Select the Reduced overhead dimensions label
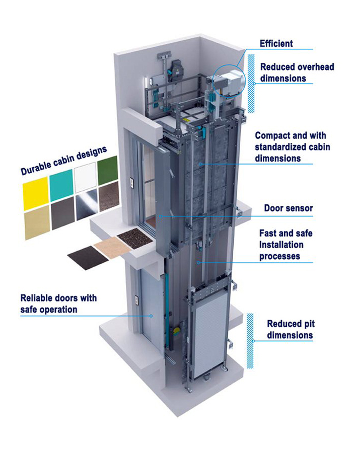click(x=297, y=72)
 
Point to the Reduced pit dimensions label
click(x=290, y=329)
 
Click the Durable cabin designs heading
click(x=64, y=160)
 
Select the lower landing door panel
click(x=151, y=315)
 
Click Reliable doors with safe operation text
click(x=58, y=303)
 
